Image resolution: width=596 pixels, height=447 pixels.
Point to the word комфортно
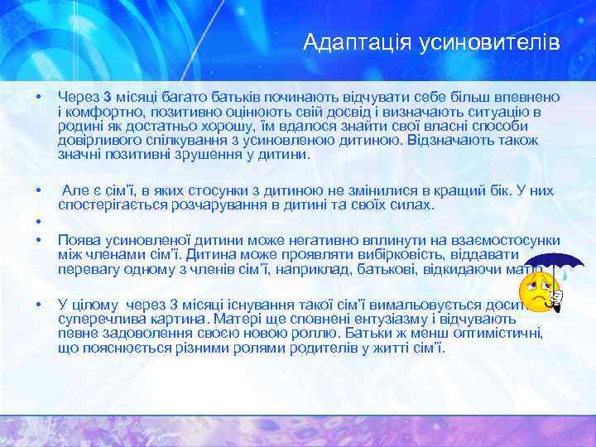(102, 112)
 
